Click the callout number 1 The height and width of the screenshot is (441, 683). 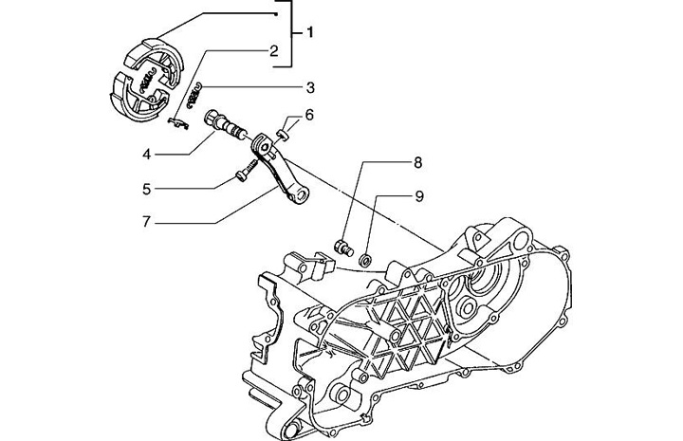[309, 33]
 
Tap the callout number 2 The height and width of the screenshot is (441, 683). [272, 51]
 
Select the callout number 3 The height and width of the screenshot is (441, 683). [309, 88]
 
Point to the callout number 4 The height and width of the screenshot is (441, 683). [147, 153]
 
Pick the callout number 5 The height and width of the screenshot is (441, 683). [147, 189]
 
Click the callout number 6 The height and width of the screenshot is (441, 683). [309, 116]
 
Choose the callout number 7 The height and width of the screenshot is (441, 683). [147, 225]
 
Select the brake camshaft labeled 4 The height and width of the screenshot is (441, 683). [228, 126]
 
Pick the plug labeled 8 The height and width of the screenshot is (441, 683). [343, 249]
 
